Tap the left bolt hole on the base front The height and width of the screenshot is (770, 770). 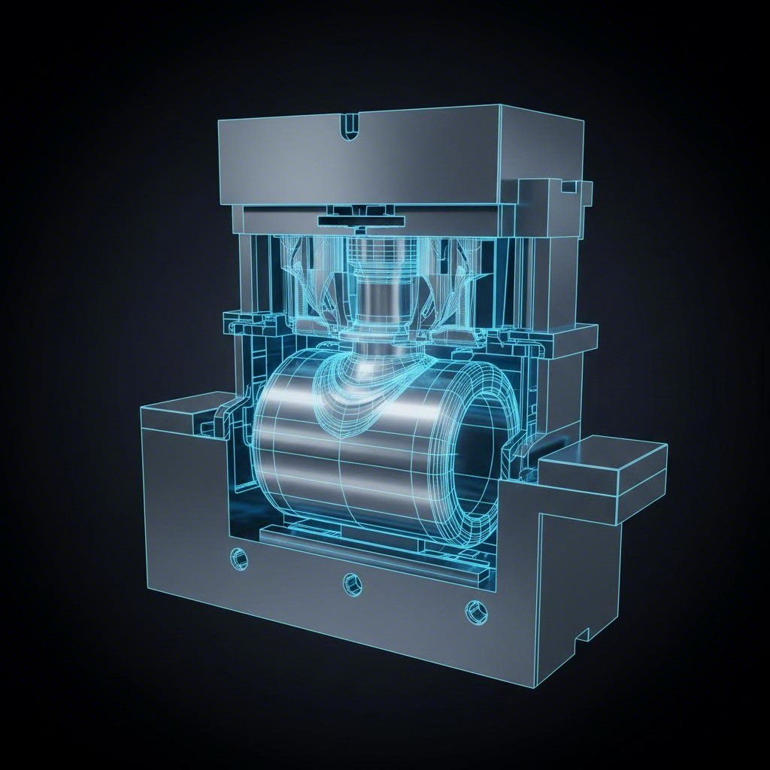240,559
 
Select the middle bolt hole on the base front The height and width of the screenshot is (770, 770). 351,581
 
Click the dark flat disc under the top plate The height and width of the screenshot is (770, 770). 361,220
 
